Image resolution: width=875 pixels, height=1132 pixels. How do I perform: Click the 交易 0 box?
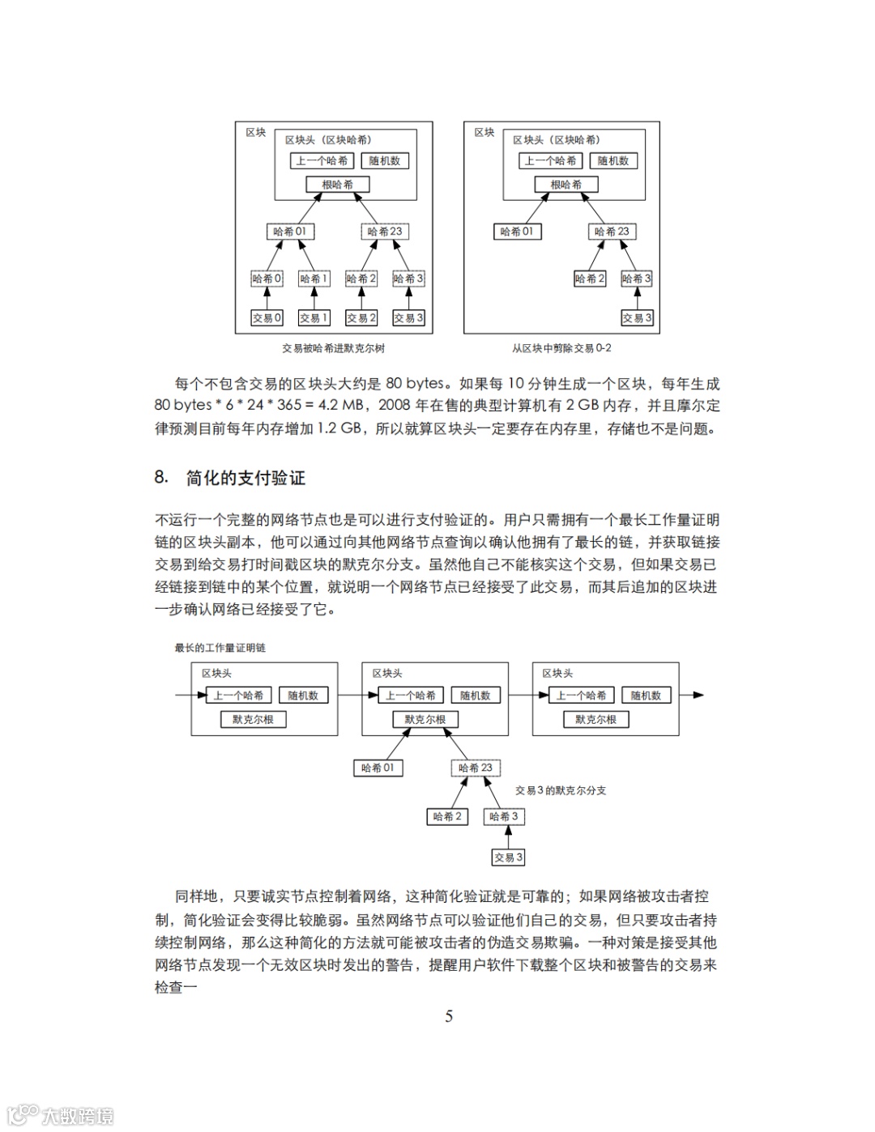point(267,318)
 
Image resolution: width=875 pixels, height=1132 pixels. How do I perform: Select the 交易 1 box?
point(314,318)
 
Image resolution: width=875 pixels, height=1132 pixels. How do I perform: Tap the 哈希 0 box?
point(267,279)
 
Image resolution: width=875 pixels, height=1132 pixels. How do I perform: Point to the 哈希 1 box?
point(314,279)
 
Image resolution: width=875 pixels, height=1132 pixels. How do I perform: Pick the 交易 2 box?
point(361,318)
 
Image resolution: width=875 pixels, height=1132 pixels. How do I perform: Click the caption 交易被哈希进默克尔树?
point(333,348)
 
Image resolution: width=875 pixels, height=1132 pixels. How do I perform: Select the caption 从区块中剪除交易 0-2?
point(561,348)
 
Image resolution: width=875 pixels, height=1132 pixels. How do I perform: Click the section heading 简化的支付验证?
point(245,478)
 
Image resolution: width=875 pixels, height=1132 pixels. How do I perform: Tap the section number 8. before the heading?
point(161,478)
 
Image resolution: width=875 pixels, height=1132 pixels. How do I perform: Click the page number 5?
point(449,1017)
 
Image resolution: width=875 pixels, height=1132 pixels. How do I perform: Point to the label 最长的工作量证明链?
point(220,648)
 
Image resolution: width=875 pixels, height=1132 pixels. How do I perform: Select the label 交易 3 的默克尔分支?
point(561,790)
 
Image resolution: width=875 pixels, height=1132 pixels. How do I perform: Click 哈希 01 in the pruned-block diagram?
point(517,232)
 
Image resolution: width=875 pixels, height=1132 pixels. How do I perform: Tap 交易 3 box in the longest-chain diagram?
point(509,857)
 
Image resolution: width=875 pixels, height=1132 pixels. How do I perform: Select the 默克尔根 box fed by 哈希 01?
point(425,719)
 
